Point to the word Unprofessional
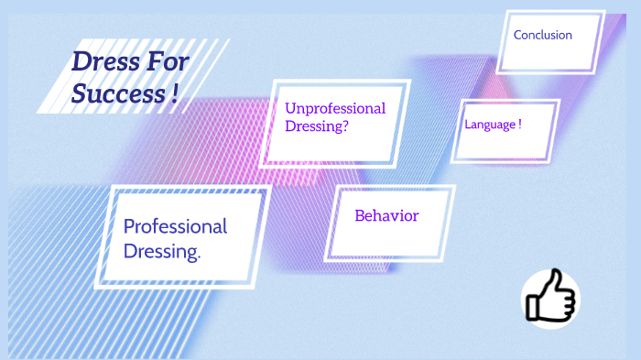click(335, 108)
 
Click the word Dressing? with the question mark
click(317, 126)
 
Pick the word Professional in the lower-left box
click(175, 226)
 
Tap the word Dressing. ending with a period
click(162, 252)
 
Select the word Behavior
click(386, 216)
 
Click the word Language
click(490, 125)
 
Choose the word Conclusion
click(543, 35)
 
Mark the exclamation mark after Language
click(520, 124)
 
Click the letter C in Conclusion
click(518, 35)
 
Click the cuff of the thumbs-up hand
click(532, 306)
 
